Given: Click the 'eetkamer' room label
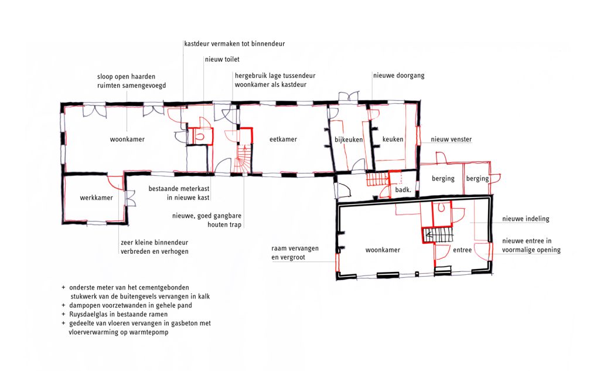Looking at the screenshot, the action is coord(283,139).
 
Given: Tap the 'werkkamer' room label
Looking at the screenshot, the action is coord(97,198).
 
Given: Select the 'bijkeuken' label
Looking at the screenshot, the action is coord(349,139).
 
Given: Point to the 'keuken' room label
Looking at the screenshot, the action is coord(393,139).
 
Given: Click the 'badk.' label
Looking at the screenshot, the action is coord(403,189).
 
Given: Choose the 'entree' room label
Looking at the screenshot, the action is coord(462,250).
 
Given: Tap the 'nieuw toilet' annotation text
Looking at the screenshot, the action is coord(222,59).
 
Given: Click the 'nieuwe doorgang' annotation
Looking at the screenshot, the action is coord(399,76).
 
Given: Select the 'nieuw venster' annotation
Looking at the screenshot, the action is coord(451,139).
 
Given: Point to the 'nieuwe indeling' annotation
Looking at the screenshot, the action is coord(526,219).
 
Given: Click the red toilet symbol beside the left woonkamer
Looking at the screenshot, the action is coord(199,135).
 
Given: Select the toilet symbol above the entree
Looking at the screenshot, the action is coord(441,208).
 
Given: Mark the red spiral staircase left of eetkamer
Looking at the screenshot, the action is coord(243,159).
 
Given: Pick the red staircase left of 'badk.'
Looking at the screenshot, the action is coord(378,179).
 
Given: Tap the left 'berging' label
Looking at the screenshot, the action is coord(443,179).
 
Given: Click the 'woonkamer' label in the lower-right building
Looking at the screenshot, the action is coord(383,250).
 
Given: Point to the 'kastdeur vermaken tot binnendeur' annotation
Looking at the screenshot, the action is coord(234,43).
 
